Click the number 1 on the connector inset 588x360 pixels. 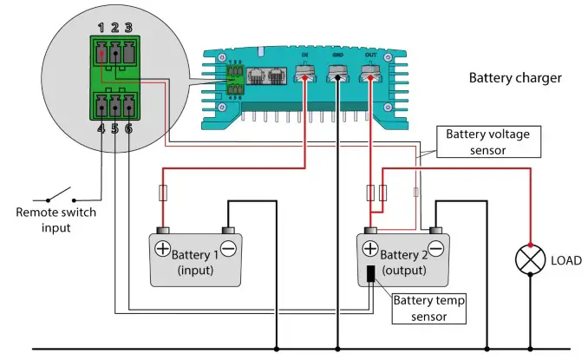101,29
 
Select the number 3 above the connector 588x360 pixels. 127,29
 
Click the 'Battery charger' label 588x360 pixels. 515,78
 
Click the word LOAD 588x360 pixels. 566,259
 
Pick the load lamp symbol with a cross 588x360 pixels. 529,259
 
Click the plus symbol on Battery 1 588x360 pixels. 161,249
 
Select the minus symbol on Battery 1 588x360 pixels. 229,249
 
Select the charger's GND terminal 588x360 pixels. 337,77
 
